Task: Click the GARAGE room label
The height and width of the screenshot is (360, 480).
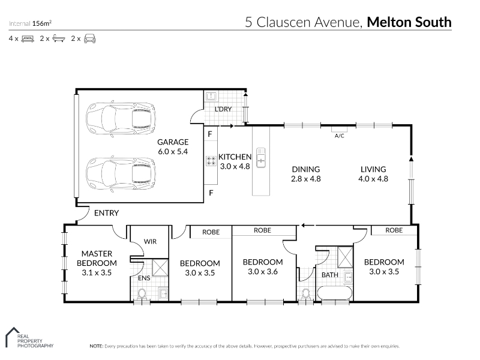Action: pyautogui.click(x=173, y=142)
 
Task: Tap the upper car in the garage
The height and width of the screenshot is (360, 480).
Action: pyautogui.click(x=121, y=118)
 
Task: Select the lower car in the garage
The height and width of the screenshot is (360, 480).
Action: pyautogui.click(x=121, y=174)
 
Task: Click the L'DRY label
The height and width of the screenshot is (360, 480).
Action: pyautogui.click(x=223, y=109)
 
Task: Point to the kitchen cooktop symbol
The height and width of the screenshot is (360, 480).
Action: pyautogui.click(x=211, y=161)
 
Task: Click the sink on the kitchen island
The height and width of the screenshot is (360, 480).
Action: pyautogui.click(x=261, y=158)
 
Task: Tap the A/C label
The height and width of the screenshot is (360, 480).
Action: pyautogui.click(x=339, y=136)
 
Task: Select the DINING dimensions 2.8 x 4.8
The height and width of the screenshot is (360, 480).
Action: pyautogui.click(x=306, y=179)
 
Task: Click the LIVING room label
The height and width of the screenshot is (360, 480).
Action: pyautogui.click(x=373, y=169)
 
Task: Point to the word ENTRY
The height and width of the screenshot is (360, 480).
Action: pyautogui.click(x=106, y=213)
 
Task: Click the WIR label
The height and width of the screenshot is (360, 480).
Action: pyautogui.click(x=150, y=242)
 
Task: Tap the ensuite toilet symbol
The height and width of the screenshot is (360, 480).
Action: pyautogui.click(x=142, y=294)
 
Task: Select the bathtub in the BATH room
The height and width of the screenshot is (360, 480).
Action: pyautogui.click(x=335, y=293)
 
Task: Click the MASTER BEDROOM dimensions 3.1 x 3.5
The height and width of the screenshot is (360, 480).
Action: pyautogui.click(x=97, y=272)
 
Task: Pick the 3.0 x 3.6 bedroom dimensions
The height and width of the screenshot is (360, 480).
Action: pyautogui.click(x=263, y=272)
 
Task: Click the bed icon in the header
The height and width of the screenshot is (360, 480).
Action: pyautogui.click(x=28, y=39)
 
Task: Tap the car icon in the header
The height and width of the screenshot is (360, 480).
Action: pyautogui.click(x=89, y=38)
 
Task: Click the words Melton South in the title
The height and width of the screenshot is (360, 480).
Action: pyautogui.click(x=409, y=22)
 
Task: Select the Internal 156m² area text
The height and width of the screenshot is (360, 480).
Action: pyautogui.click(x=30, y=23)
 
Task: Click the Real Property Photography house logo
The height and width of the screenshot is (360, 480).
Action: pyautogui.click(x=12, y=337)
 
